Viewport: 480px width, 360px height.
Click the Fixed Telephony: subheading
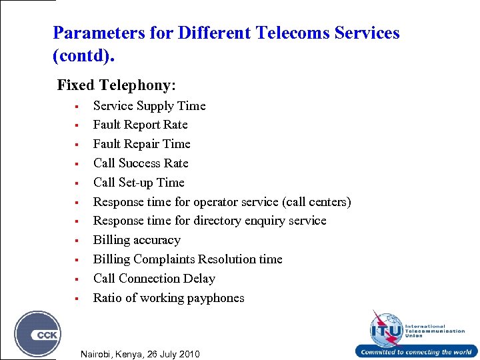(x=117, y=85)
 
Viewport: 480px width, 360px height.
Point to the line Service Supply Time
(x=149, y=105)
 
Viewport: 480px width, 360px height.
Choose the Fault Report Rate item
(x=140, y=125)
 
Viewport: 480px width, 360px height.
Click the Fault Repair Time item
(x=141, y=144)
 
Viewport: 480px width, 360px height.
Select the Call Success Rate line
(x=141, y=163)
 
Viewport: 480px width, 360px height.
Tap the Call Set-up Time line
(x=139, y=183)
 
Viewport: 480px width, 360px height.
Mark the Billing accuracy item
(x=137, y=240)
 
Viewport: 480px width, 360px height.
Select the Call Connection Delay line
(x=154, y=279)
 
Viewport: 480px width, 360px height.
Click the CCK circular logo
(x=38, y=333)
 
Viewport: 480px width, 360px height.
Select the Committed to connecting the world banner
(x=416, y=352)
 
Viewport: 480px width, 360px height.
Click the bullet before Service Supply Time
(x=77, y=106)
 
